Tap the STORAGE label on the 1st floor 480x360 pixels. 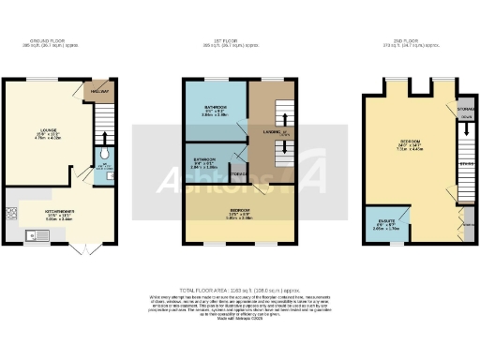pos(238,173)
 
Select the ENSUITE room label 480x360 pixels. pos(382,221)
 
